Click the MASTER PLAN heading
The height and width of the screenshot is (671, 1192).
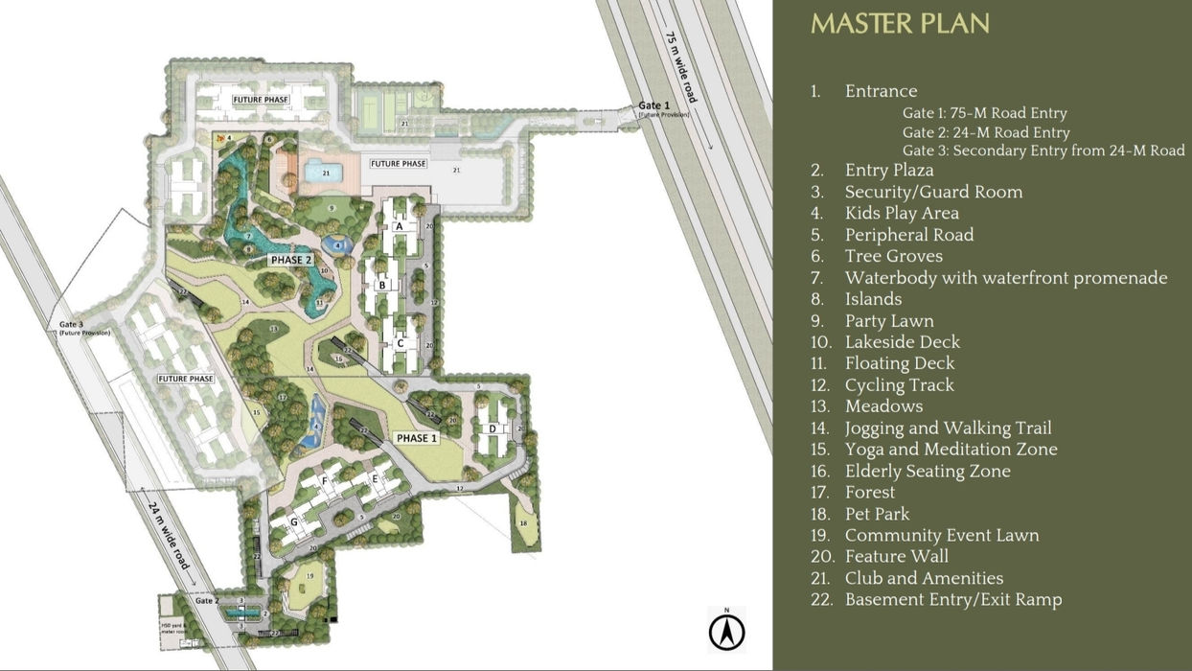900,24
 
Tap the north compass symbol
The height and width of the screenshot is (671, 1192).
727,632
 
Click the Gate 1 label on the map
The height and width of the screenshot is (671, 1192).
654,105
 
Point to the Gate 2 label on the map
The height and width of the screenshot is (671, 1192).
208,601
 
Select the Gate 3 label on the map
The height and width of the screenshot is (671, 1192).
72,325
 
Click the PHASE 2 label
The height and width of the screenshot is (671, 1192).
291,260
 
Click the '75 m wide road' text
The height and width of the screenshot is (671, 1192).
681,67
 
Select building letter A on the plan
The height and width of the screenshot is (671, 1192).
399,226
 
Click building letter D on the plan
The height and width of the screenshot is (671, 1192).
493,428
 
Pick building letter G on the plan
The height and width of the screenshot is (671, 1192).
293,521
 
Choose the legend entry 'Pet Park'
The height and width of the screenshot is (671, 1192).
877,514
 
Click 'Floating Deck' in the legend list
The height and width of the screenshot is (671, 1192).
899,363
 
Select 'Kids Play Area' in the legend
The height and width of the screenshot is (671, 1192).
901,213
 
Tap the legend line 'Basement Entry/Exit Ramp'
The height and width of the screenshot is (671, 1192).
952,600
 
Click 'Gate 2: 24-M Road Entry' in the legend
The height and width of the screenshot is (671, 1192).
986,132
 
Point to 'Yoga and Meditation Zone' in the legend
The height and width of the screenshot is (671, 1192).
951,450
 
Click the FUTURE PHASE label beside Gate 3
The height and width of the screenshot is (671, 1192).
186,379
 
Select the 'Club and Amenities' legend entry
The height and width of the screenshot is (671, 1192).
924,578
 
